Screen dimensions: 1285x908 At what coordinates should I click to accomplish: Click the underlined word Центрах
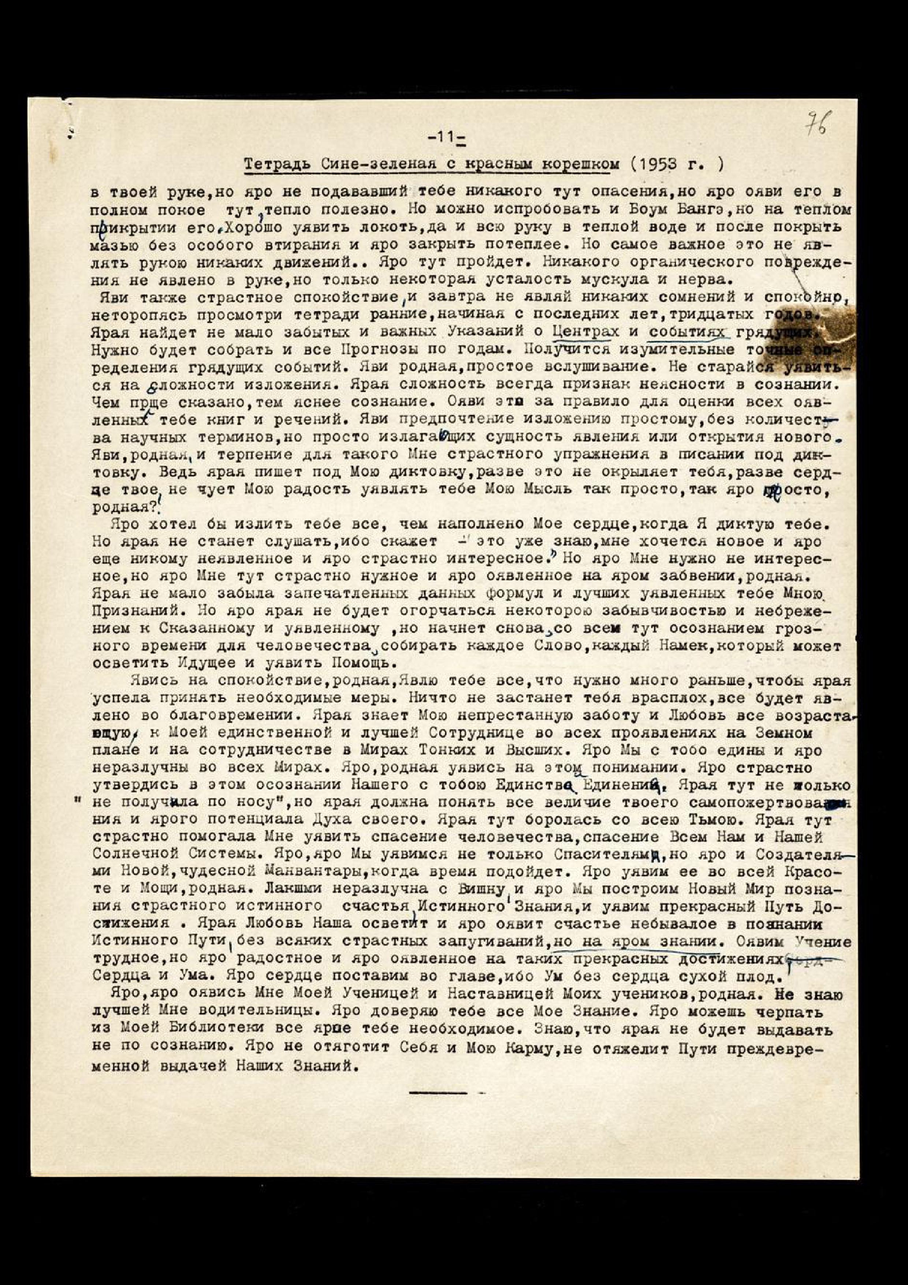click(x=585, y=332)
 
